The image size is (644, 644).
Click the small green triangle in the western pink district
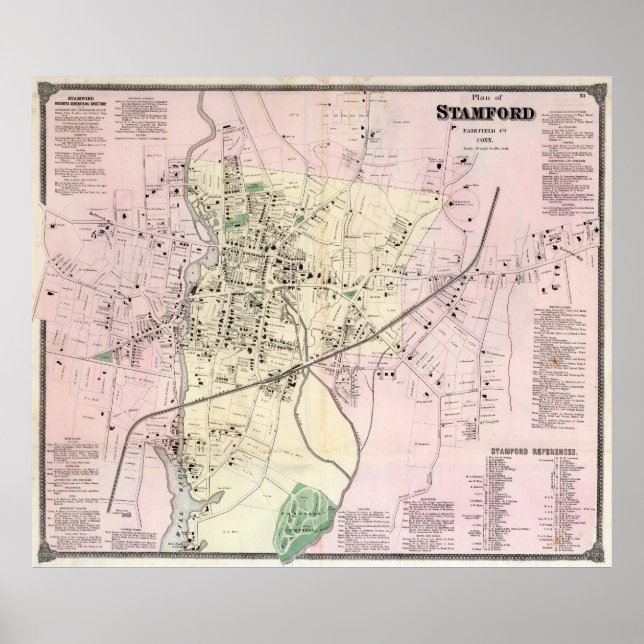100,354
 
